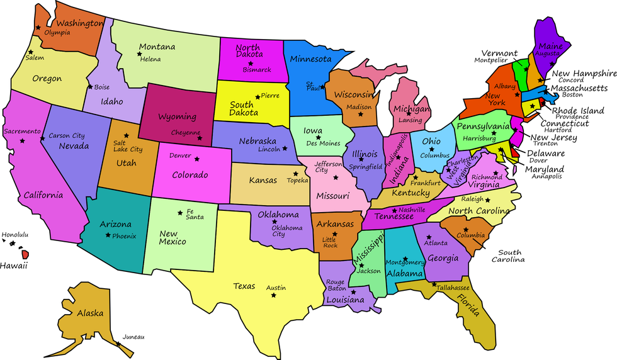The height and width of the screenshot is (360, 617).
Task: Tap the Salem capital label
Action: pos(35,58)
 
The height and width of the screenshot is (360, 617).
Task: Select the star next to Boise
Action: pos(90,87)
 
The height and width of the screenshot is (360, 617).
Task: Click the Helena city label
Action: pos(150,60)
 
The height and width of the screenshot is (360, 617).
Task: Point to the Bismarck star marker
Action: pos(251,63)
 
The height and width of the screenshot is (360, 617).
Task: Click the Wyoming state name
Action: pos(177,117)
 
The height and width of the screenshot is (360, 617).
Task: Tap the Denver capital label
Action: pos(180,155)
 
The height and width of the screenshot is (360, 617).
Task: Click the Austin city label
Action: pos(276,288)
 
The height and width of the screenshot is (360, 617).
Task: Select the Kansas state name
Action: pos(263,181)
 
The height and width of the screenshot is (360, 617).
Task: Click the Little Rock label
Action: pos(330,242)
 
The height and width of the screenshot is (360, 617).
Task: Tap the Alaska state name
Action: pos(90,313)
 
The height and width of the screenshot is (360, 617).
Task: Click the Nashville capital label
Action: pos(412,210)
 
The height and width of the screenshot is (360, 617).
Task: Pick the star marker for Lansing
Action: pos(409,114)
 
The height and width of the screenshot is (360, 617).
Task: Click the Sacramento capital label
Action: pos(22,132)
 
